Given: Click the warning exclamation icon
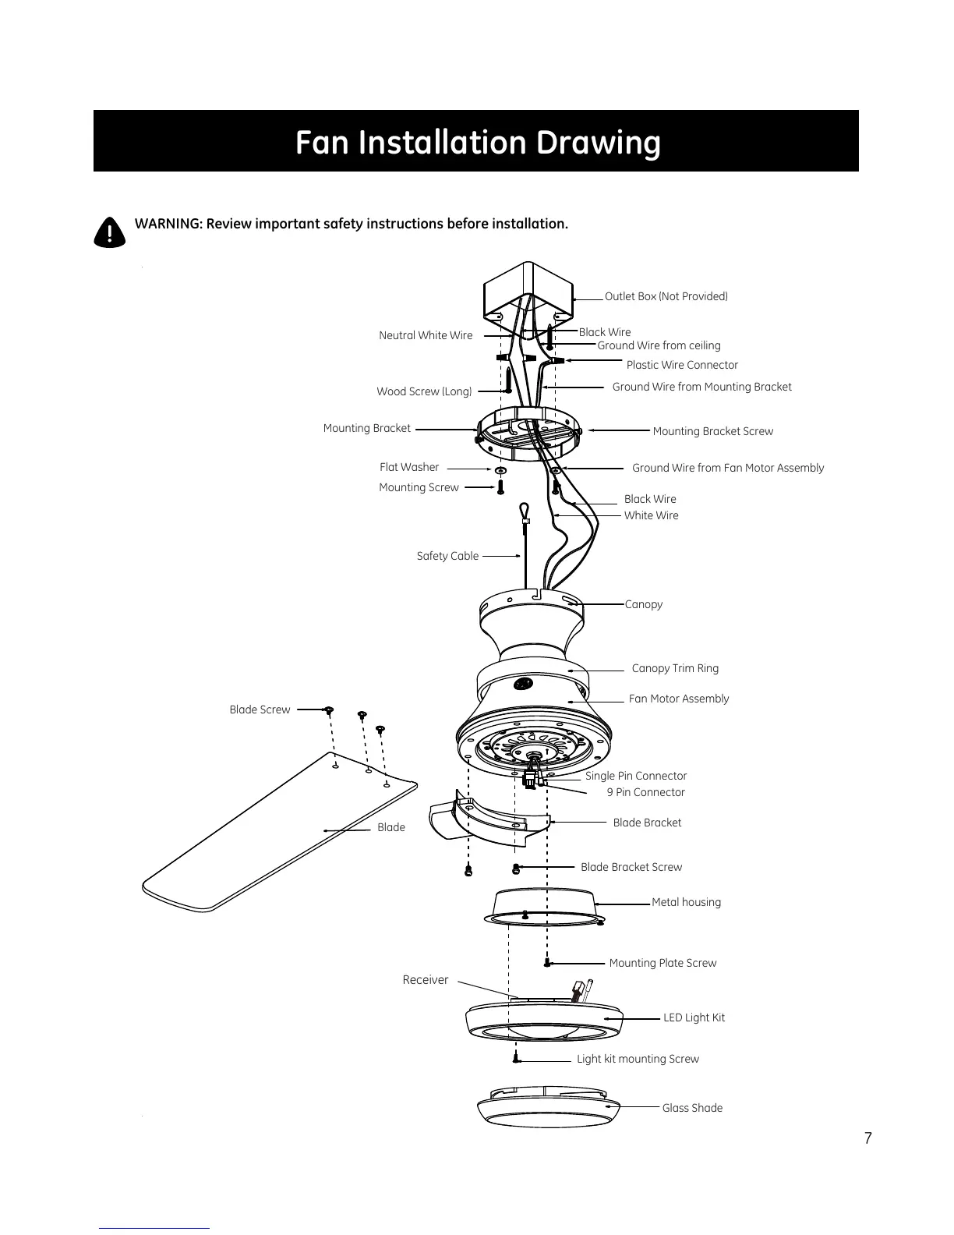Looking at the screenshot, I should pyautogui.click(x=109, y=232).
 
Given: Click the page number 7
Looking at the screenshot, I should pyautogui.click(x=867, y=1138).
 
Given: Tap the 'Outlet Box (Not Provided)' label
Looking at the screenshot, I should pyautogui.click(x=666, y=296).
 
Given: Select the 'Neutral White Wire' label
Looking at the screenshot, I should pyautogui.click(x=426, y=335).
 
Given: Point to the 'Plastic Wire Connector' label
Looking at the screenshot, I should pyautogui.click(x=682, y=365).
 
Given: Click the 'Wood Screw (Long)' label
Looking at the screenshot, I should pyautogui.click(x=424, y=391).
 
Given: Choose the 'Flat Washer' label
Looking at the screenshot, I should pyautogui.click(x=409, y=467).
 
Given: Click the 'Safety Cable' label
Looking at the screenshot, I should pyautogui.click(x=447, y=556).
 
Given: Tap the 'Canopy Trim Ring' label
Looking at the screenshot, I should pyautogui.click(x=675, y=668).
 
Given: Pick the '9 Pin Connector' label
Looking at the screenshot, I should pyautogui.click(x=645, y=792).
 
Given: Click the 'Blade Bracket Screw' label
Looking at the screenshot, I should pyautogui.click(x=631, y=867).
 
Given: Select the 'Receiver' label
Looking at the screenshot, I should pyautogui.click(x=425, y=980).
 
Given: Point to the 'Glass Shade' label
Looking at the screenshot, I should pyautogui.click(x=692, y=1108).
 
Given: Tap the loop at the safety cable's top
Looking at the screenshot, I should pyautogui.click(x=525, y=511).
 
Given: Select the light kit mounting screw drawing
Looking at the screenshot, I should pyautogui.click(x=516, y=1058).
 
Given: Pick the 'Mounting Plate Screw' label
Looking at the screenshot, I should pyautogui.click(x=662, y=963).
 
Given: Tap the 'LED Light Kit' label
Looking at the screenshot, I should pyautogui.click(x=694, y=1017).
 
